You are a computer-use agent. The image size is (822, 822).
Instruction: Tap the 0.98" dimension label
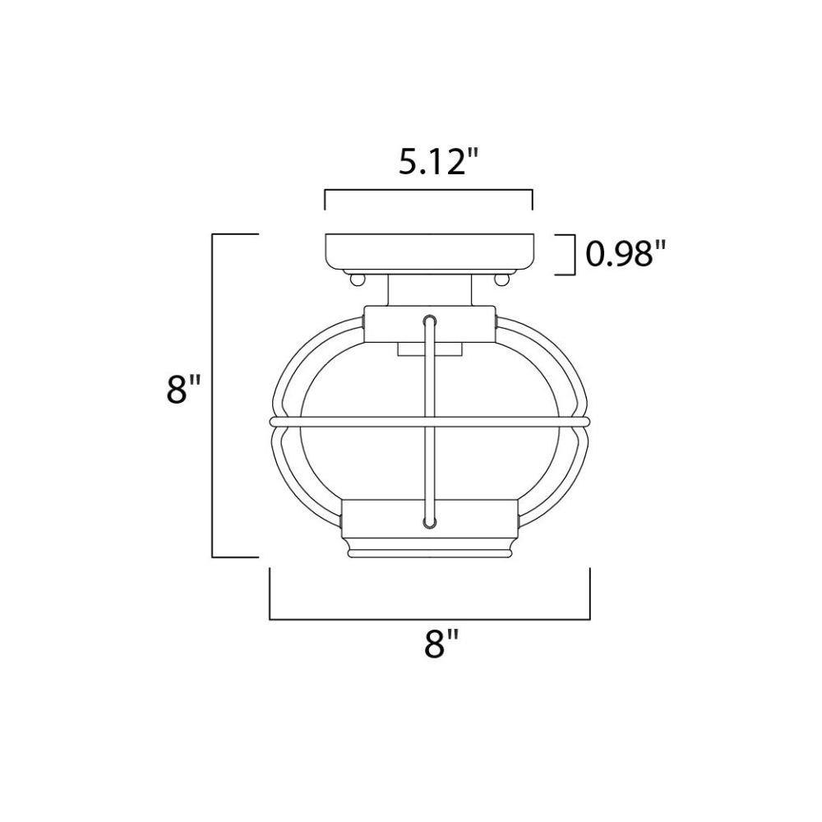click(x=626, y=254)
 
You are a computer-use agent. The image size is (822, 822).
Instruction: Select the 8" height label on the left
click(x=183, y=389)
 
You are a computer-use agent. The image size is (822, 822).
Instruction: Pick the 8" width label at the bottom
click(x=441, y=644)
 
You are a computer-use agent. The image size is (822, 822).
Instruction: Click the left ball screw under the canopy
click(x=357, y=279)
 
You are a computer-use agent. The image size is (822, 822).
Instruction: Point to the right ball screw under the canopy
click(x=501, y=279)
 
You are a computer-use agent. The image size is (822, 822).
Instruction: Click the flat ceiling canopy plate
click(x=429, y=252)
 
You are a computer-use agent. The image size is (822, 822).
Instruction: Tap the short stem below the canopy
click(x=430, y=290)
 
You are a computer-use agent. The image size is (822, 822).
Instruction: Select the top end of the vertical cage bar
click(x=430, y=319)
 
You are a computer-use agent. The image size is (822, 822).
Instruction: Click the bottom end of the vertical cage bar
click(x=430, y=522)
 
